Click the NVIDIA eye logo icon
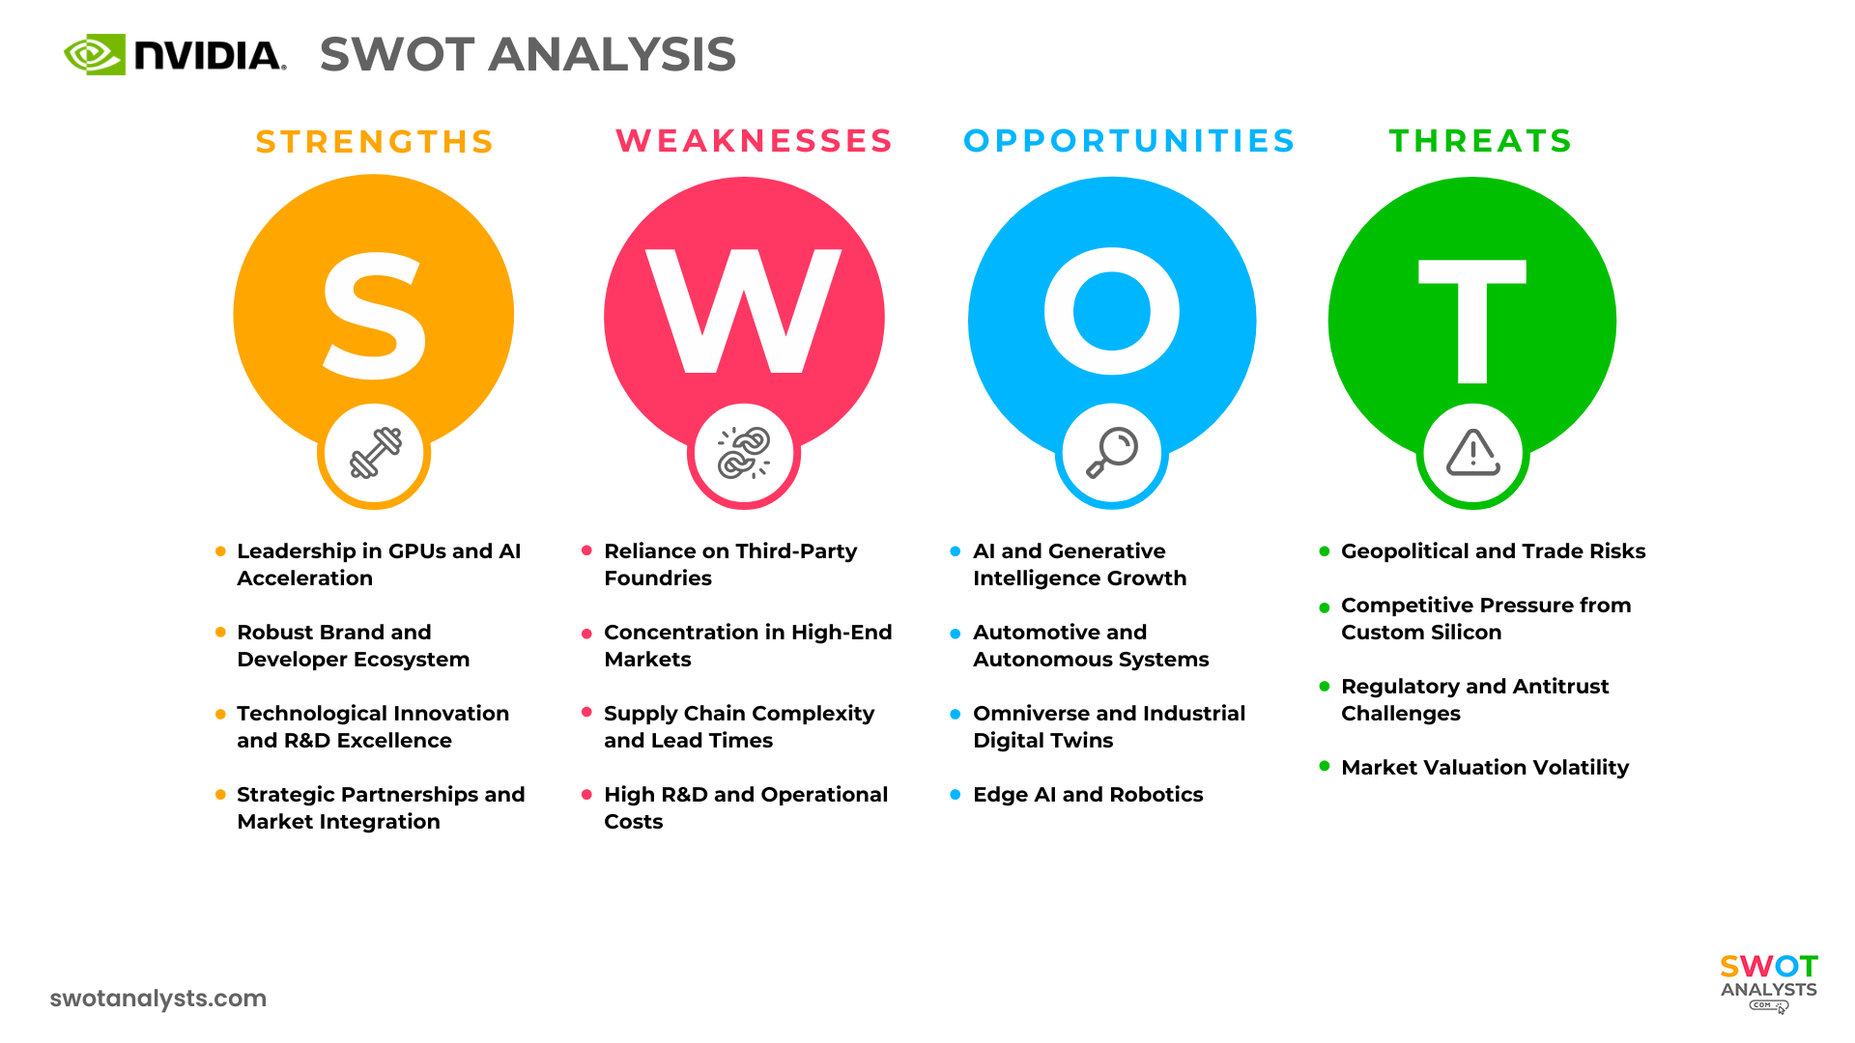coord(95,54)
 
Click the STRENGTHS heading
coord(375,142)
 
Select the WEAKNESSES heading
coord(755,141)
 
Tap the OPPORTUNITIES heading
coord(1129,141)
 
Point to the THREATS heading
coord(1481,141)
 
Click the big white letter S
coord(374,316)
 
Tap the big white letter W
coord(743,311)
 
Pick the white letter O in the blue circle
coord(1112,311)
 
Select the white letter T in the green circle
coord(1471,321)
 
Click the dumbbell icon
coord(375,453)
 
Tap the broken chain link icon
coord(744,453)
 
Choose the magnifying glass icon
coord(1112,453)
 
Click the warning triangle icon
coord(1472,453)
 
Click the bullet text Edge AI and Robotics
coord(1088,795)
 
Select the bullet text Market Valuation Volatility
coord(1485,768)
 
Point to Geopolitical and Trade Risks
coord(1493,551)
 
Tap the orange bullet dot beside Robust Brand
coord(220,633)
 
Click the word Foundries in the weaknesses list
coord(658,578)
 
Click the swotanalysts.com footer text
coord(158,999)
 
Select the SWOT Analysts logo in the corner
coord(1769,981)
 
